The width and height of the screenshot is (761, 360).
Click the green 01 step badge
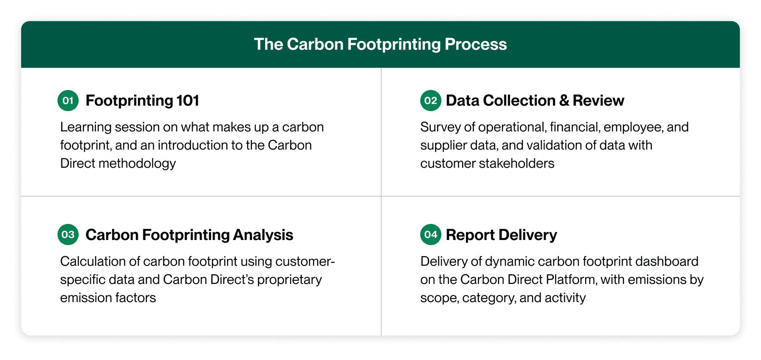pos(68,101)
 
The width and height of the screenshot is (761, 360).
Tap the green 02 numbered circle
pos(430,101)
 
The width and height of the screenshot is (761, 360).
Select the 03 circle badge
pos(68,235)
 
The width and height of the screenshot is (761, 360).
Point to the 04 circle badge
pos(430,235)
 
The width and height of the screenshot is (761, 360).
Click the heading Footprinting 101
pos(142,101)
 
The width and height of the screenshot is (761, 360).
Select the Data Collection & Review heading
pos(535,101)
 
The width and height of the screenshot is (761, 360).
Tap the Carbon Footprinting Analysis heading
pos(189,235)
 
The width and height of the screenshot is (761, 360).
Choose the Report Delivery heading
pos(501,235)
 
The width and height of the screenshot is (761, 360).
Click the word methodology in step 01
pos(137,164)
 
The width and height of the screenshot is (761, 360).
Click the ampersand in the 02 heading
pos(564,101)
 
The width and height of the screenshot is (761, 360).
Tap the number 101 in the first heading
pos(188,101)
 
